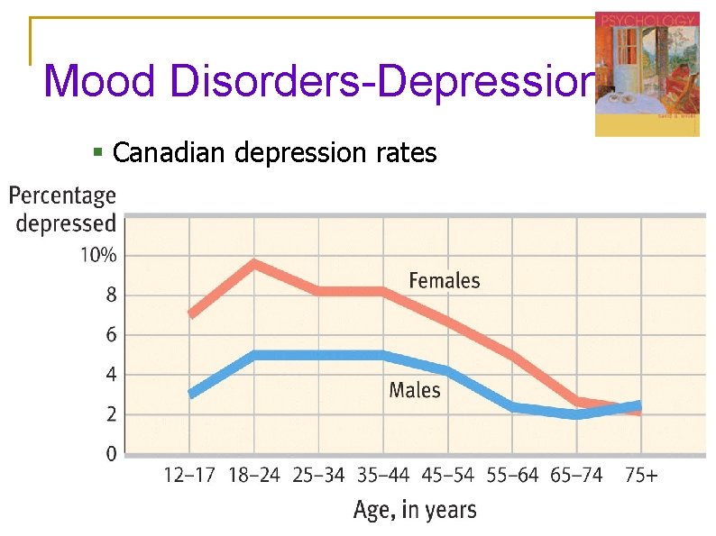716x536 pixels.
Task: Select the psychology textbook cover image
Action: point(647,74)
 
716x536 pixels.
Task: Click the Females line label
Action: point(444,280)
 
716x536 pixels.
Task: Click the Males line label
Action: point(415,390)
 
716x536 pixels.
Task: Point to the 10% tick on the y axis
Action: point(98,255)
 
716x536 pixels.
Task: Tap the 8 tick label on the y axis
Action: point(111,295)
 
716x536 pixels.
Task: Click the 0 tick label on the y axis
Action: point(111,454)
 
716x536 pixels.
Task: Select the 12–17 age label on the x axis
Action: point(189,476)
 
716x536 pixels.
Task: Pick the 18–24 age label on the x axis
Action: point(253,476)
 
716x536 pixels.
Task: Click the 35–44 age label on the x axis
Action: point(382,476)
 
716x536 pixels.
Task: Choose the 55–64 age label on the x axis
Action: point(511,476)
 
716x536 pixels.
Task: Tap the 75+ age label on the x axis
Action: point(641,476)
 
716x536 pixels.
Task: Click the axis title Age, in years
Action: point(414,510)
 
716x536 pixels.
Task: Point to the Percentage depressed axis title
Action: point(63,209)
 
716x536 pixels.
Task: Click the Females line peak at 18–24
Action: point(254,264)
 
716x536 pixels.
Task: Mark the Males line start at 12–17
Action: point(190,394)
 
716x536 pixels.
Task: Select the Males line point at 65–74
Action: point(576,414)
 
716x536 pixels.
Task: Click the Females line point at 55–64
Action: point(511,356)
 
